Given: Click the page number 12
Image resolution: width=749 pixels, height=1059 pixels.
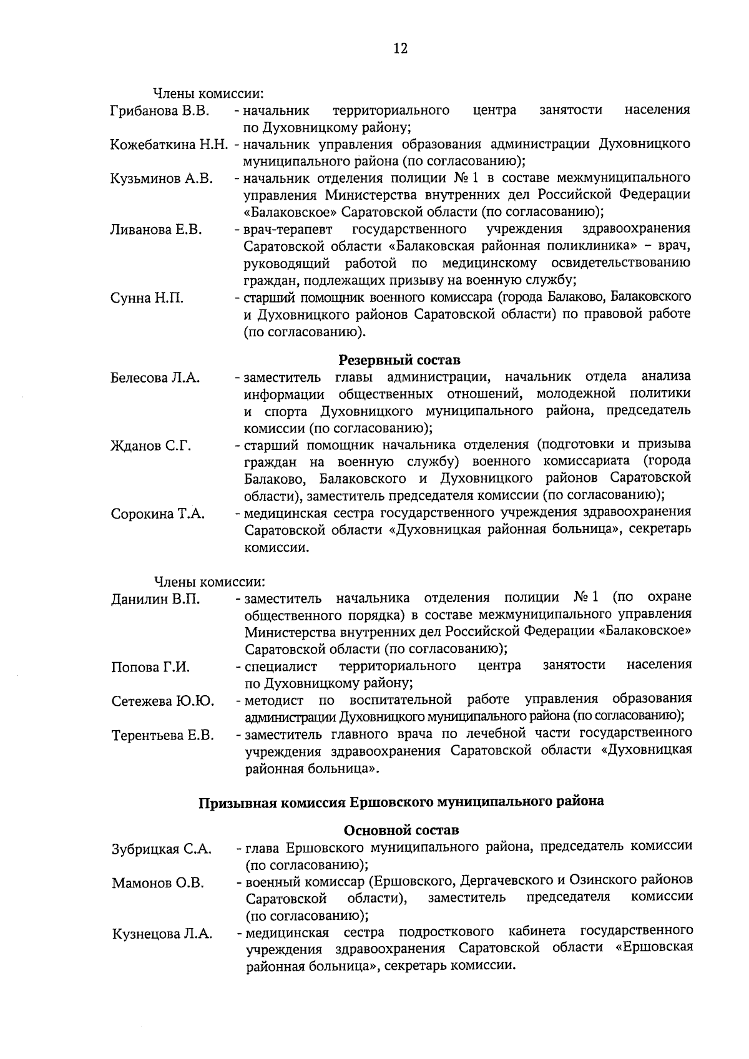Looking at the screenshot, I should (x=400, y=49).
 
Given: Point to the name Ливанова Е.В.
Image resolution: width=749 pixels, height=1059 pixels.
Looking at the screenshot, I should (x=156, y=230).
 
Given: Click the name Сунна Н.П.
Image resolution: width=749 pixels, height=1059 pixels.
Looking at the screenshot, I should (x=147, y=298).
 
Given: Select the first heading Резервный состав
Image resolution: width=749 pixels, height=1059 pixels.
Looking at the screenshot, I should (x=399, y=360).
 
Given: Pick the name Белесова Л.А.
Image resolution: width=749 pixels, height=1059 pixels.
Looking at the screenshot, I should (x=155, y=378).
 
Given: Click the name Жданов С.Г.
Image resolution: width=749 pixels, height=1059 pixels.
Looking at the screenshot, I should (x=150, y=446).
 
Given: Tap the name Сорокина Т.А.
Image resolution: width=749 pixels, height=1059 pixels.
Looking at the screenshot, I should (x=159, y=514).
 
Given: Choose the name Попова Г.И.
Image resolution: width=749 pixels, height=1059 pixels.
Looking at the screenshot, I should (x=150, y=667).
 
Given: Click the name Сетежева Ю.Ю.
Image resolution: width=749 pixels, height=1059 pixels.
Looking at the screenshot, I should (x=163, y=701).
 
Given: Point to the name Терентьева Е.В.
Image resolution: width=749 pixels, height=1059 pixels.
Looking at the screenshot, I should (x=163, y=735).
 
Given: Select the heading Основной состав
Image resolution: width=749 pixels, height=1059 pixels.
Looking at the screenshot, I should (x=401, y=831).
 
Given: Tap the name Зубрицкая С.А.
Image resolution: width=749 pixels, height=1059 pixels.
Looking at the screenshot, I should (x=162, y=849).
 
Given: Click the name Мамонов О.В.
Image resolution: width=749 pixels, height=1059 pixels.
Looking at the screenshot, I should (x=158, y=883).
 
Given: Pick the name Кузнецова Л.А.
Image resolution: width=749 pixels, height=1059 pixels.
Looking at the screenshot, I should (x=162, y=934).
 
